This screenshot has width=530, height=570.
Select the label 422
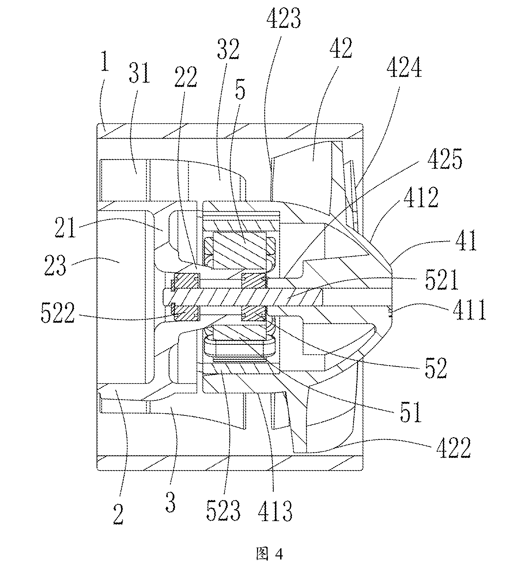coord(453,448)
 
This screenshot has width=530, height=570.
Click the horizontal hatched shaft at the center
coord(243,297)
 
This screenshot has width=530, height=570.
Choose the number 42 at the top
coord(341,48)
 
